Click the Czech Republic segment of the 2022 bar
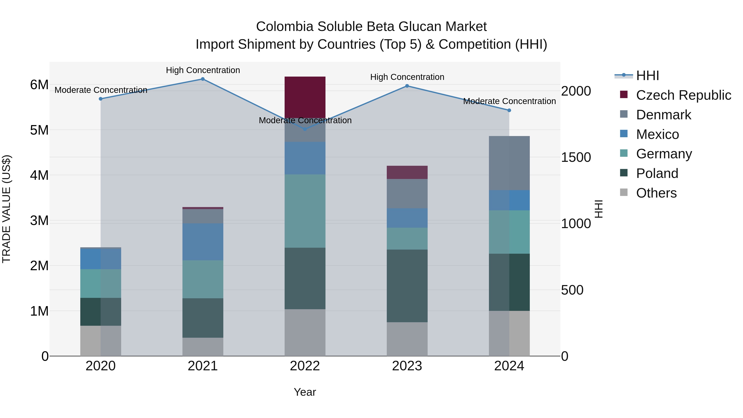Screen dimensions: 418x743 click(x=305, y=97)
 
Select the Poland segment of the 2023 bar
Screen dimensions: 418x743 click(x=407, y=286)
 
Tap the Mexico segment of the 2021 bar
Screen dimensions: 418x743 click(x=203, y=242)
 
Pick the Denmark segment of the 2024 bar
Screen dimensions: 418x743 click(x=509, y=163)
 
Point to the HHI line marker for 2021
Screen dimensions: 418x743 click(x=203, y=79)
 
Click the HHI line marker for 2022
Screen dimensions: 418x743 click(x=305, y=129)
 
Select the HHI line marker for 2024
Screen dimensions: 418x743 click(x=509, y=110)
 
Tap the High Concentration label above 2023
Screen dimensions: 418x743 click(x=407, y=77)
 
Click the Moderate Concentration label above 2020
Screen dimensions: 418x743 click(x=101, y=90)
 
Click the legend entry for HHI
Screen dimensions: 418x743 click(x=647, y=76)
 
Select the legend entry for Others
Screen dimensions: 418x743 click(x=656, y=193)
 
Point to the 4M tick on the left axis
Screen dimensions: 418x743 click(x=39, y=175)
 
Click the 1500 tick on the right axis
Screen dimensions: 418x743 click(x=576, y=157)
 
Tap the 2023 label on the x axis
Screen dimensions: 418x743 click(x=407, y=366)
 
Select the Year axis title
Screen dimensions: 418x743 click(x=305, y=392)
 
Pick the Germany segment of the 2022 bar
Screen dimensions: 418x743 click(x=305, y=211)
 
